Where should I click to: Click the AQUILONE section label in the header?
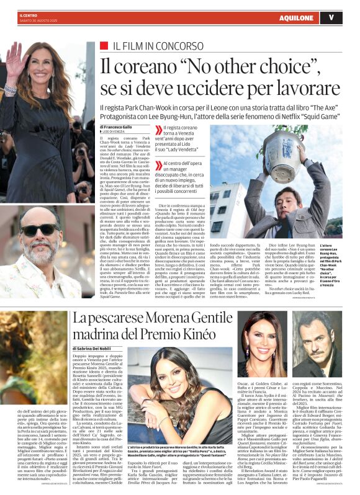click(x=296, y=17)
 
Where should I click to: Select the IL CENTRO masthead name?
click(x=28, y=12)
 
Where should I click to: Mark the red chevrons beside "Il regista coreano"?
click(x=159, y=128)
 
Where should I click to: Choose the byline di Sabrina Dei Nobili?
click(x=102, y=349)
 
